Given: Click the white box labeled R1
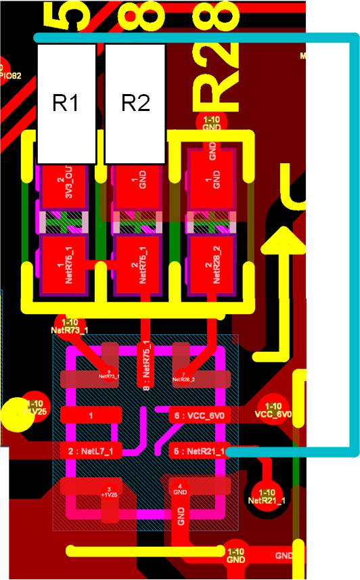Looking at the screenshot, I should pyautogui.click(x=66, y=104).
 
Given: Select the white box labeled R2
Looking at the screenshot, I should pyautogui.click(x=135, y=104).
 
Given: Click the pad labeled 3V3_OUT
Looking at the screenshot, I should pyautogui.click(x=64, y=185).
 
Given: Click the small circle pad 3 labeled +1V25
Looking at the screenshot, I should pyautogui.click(x=108, y=492).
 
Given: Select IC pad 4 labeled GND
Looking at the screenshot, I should pyautogui.click(x=179, y=489).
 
